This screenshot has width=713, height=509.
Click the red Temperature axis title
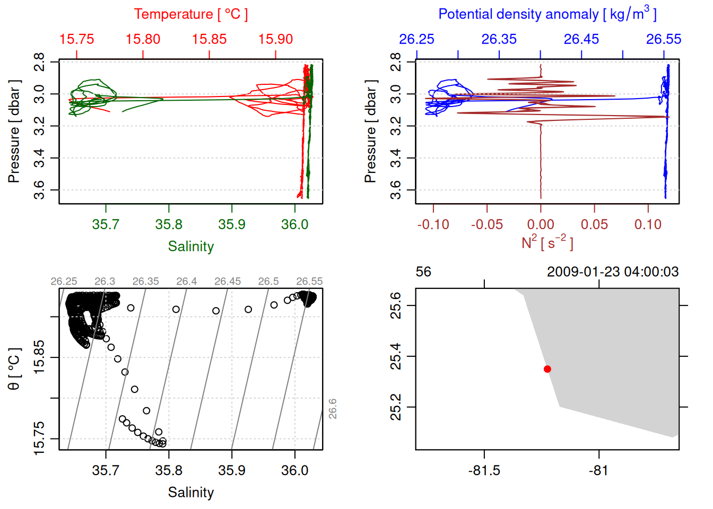[190, 14]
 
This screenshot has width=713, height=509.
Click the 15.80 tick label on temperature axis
[143, 39]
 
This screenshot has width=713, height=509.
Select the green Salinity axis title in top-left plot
[190, 247]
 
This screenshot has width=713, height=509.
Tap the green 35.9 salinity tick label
[232, 224]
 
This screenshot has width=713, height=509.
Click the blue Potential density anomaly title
[547, 14]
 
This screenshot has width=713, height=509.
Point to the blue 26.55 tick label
[664, 39]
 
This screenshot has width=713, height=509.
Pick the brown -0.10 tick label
[433, 224]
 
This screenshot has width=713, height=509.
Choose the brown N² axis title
[547, 242]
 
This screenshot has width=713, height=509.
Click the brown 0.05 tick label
[594, 224]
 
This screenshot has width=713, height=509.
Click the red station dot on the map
[547, 369]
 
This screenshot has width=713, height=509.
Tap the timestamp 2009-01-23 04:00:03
[613, 272]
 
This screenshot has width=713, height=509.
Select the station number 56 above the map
[423, 272]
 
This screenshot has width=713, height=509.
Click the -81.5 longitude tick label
[484, 470]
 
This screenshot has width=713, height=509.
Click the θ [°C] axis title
[14, 369]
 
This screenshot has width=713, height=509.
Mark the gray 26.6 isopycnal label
[333, 409]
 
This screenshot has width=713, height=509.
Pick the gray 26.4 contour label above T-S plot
[187, 282]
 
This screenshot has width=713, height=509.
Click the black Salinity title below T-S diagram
[190, 493]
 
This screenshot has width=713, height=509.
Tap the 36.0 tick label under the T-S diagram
[294, 470]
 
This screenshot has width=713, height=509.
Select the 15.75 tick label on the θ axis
[39, 438]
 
